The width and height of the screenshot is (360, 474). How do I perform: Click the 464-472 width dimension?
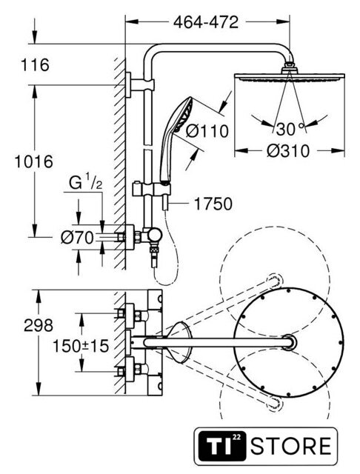tap(206, 22)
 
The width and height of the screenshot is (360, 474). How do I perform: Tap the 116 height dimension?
tap(35, 65)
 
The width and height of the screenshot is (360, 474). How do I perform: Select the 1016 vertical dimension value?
tap(34, 161)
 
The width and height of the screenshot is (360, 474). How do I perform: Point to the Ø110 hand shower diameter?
tap(207, 131)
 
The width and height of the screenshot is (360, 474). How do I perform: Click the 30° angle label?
tap(290, 129)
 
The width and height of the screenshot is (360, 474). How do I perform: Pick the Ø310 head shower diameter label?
tap(288, 150)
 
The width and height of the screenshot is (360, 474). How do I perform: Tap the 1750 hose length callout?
tap(213, 204)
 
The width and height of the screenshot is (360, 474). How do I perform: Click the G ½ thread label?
tap(85, 183)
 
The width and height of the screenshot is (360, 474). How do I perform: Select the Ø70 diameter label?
tap(77, 238)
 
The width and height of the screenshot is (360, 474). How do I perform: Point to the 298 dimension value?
tap(39, 325)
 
